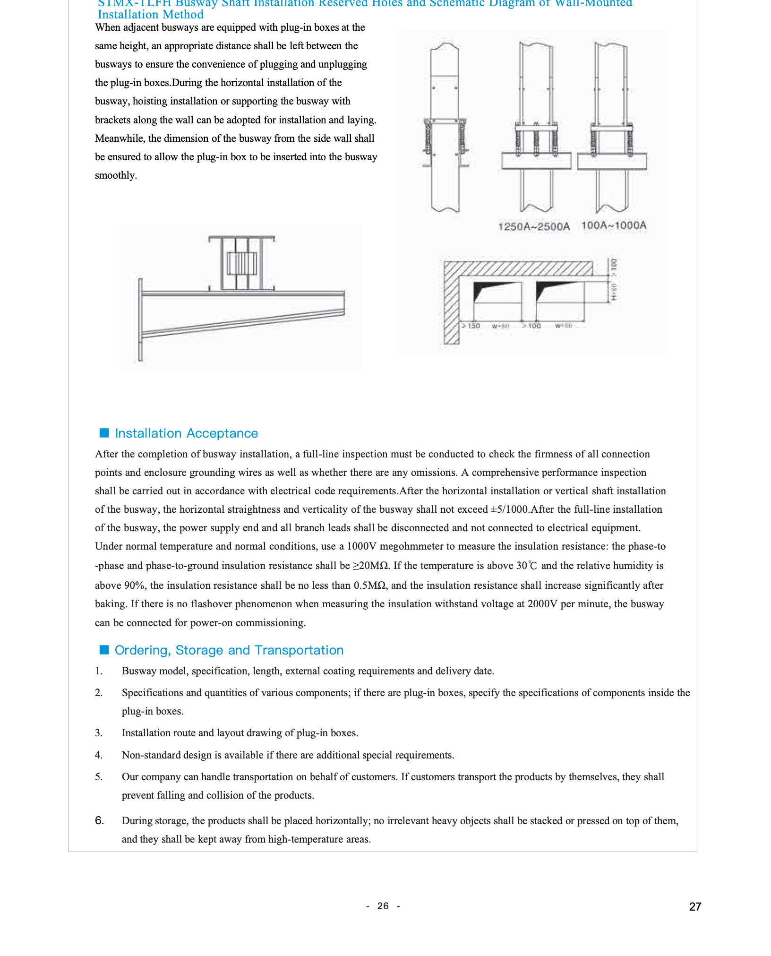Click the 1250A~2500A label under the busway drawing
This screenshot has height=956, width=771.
(x=533, y=227)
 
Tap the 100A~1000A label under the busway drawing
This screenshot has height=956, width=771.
(x=613, y=225)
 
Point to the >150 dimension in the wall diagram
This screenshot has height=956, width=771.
(x=471, y=326)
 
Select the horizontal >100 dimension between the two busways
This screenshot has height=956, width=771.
(x=532, y=326)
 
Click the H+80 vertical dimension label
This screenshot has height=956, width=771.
(x=614, y=292)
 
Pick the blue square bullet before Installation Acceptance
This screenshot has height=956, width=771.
(x=104, y=433)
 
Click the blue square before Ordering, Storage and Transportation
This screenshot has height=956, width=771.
(x=104, y=650)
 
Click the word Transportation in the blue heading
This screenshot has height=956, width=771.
(x=299, y=650)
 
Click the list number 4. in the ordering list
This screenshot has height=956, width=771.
(x=99, y=755)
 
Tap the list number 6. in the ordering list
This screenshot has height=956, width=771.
(x=99, y=820)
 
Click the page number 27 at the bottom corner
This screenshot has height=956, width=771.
(x=695, y=906)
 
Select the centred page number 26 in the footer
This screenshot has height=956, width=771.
(x=383, y=906)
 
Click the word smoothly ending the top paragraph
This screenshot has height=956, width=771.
(x=116, y=175)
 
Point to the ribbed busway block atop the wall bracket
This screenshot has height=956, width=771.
(x=241, y=263)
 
